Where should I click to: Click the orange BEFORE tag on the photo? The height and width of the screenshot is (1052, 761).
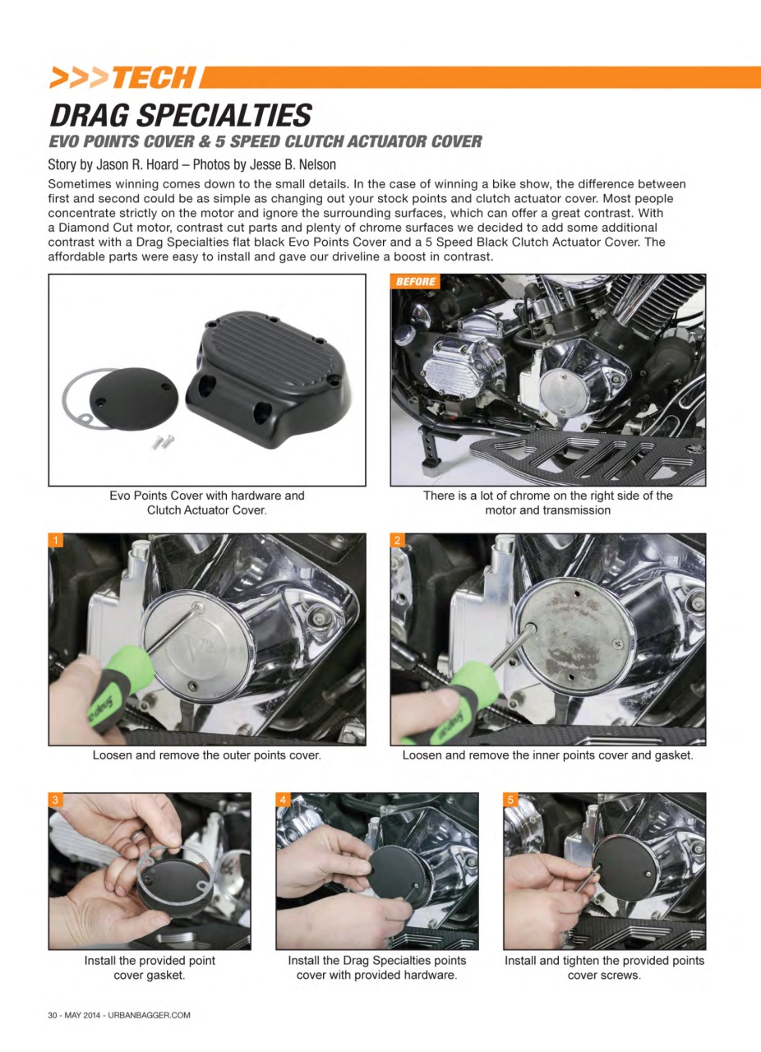tap(415, 282)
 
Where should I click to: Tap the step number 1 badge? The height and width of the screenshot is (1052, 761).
tap(55, 540)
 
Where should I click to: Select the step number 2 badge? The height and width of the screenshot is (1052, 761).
tap(397, 540)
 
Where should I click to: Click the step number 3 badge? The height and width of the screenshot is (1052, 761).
tap(55, 800)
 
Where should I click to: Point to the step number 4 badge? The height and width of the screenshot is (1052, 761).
tap(283, 800)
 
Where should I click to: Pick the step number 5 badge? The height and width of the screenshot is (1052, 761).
tap(510, 800)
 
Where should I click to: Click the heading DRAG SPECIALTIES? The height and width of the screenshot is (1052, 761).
tap(181, 114)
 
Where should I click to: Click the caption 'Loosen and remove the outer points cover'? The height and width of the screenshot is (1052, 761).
tap(206, 755)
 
